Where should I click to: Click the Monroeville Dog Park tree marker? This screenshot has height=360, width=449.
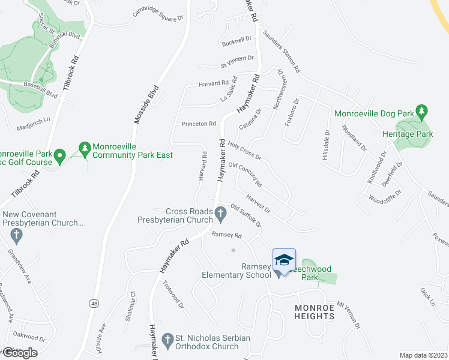pos(423,112)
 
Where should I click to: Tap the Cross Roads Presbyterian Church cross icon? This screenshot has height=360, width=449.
pos(221,212)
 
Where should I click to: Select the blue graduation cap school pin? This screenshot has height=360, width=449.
pos(284,259)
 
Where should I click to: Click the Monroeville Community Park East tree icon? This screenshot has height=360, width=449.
pos(85,148)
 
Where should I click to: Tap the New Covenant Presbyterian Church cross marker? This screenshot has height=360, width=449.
pos(17,236)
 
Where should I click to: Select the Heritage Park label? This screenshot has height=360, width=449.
pos(408,134)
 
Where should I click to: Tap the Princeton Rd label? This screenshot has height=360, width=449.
pos(199,124)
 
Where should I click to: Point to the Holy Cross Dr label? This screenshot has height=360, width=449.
pos(245,151)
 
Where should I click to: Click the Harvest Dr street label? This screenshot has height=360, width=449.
pos(259,203)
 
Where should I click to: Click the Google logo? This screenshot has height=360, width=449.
pos(20,353)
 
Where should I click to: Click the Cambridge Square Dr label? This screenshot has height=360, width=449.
pos(158,14)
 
